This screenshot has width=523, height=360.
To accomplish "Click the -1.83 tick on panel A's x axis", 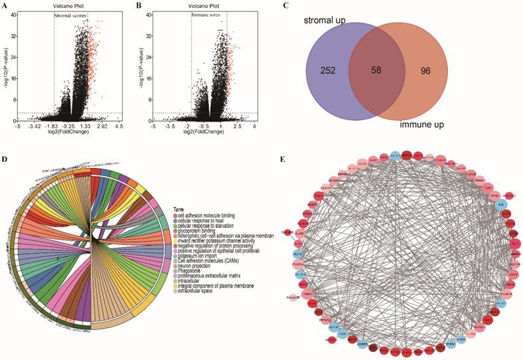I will pyautogui.click(x=53, y=125).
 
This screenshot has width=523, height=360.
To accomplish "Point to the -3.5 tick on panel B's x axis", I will pyautogui.click(x=171, y=125).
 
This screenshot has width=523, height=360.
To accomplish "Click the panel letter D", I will pyautogui.click(x=5, y=159).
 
